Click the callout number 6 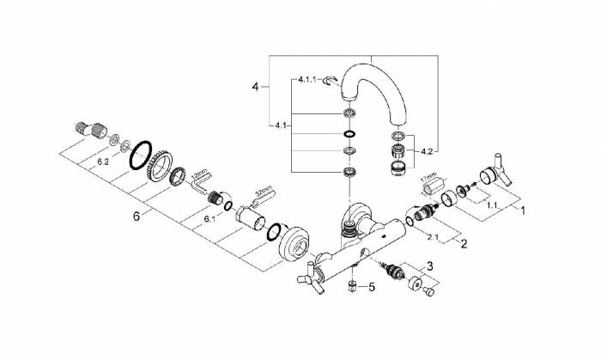click(136, 217)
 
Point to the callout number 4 click(254, 87)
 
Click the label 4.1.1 click(308, 79)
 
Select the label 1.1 click(492, 205)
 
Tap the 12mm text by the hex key click(202, 172)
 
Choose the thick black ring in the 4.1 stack click(347, 135)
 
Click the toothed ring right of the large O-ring click(161, 165)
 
